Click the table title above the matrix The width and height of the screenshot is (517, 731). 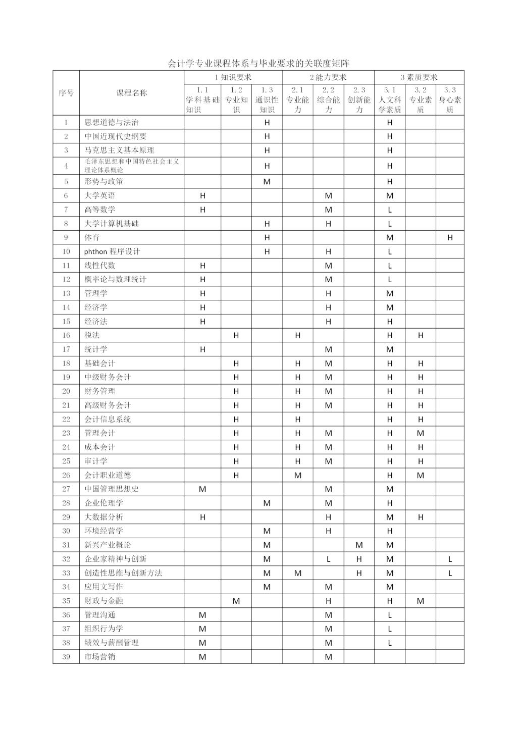[x=258, y=64]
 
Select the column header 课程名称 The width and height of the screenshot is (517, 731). [x=132, y=93]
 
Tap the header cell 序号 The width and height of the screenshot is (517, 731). [x=66, y=93]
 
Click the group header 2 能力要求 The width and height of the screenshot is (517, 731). [x=328, y=77]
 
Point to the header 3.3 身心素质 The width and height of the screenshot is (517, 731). [x=450, y=99]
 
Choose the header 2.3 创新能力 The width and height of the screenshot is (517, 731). [x=359, y=99]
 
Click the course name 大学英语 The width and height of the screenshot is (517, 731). [x=100, y=195]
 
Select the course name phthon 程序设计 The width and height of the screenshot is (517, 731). [x=112, y=251]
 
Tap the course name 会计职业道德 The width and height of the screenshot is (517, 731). [x=108, y=475]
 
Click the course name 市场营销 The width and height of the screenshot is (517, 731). [x=100, y=657]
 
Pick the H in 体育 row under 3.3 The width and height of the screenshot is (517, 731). [x=450, y=237]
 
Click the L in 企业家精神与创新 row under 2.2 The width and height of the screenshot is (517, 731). [x=328, y=559]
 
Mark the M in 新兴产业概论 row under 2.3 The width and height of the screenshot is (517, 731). [x=359, y=545]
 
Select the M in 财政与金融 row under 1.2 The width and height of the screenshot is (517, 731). [x=236, y=601]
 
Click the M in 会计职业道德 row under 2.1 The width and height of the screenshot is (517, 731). [x=297, y=475]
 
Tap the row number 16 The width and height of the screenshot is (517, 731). [x=66, y=335]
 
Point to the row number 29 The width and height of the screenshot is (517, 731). [x=66, y=517]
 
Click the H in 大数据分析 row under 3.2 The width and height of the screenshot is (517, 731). [x=421, y=517]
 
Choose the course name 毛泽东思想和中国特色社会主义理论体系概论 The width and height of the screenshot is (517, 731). [x=132, y=166]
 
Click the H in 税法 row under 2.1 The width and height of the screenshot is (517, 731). [x=297, y=335]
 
